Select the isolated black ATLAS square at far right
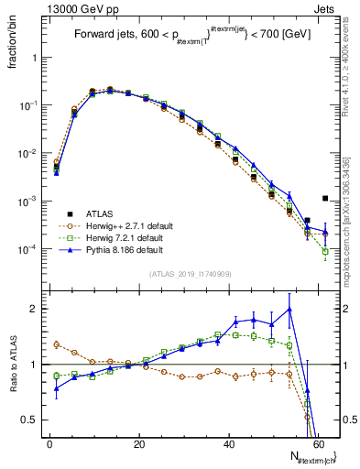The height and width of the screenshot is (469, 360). (325, 198)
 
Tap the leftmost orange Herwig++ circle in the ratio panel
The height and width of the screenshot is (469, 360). (56, 344)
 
